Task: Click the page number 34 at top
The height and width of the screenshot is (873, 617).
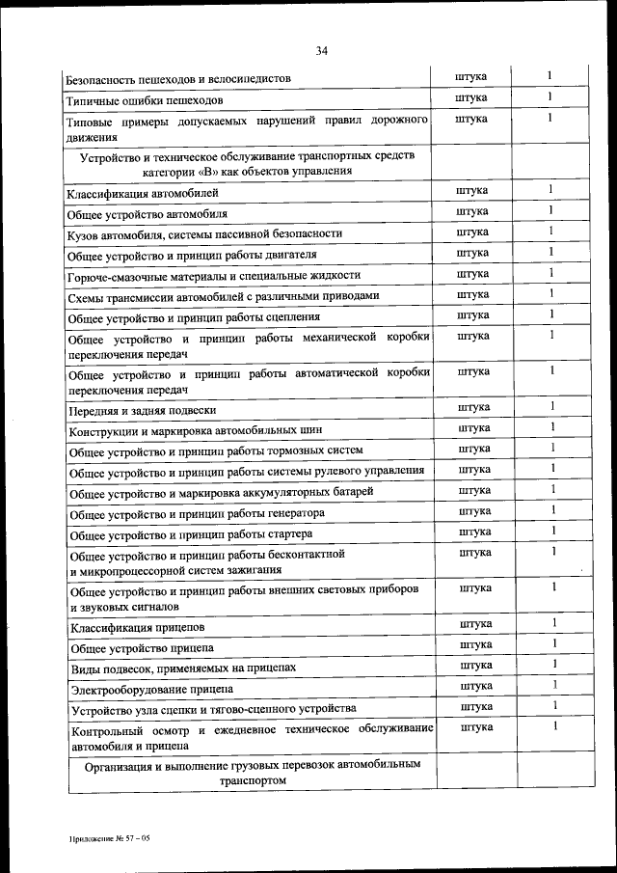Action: click(x=321, y=51)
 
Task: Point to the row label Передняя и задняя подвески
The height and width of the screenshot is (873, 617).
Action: click(x=135, y=411)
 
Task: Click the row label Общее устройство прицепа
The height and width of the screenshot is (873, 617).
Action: click(x=143, y=648)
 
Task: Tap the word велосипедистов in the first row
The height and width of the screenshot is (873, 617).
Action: click(x=239, y=79)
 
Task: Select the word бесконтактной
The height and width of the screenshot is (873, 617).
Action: click(x=303, y=555)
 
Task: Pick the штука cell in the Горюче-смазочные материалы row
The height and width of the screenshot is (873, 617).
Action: click(x=472, y=274)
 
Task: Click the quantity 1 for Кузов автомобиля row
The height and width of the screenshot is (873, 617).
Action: click(x=551, y=232)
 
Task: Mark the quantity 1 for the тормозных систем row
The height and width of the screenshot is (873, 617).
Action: click(x=553, y=448)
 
